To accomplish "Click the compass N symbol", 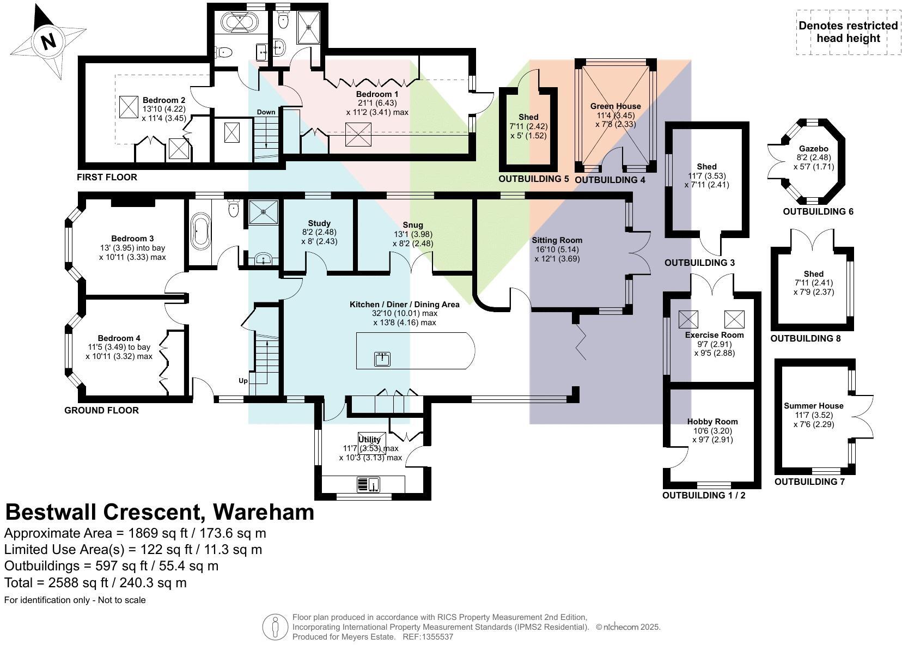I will (48, 41).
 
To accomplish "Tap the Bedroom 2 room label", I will (164, 100).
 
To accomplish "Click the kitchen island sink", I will (382, 358).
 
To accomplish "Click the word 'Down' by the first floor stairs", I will (266, 112).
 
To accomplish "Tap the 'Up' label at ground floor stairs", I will (243, 380).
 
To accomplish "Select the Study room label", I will (319, 223).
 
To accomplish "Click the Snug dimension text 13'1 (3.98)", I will (413, 234).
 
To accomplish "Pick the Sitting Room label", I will (557, 240).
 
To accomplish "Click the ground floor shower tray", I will (263, 212).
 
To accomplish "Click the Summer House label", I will (813, 406).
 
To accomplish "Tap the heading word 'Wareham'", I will (263, 512).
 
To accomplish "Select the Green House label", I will (615, 106).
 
